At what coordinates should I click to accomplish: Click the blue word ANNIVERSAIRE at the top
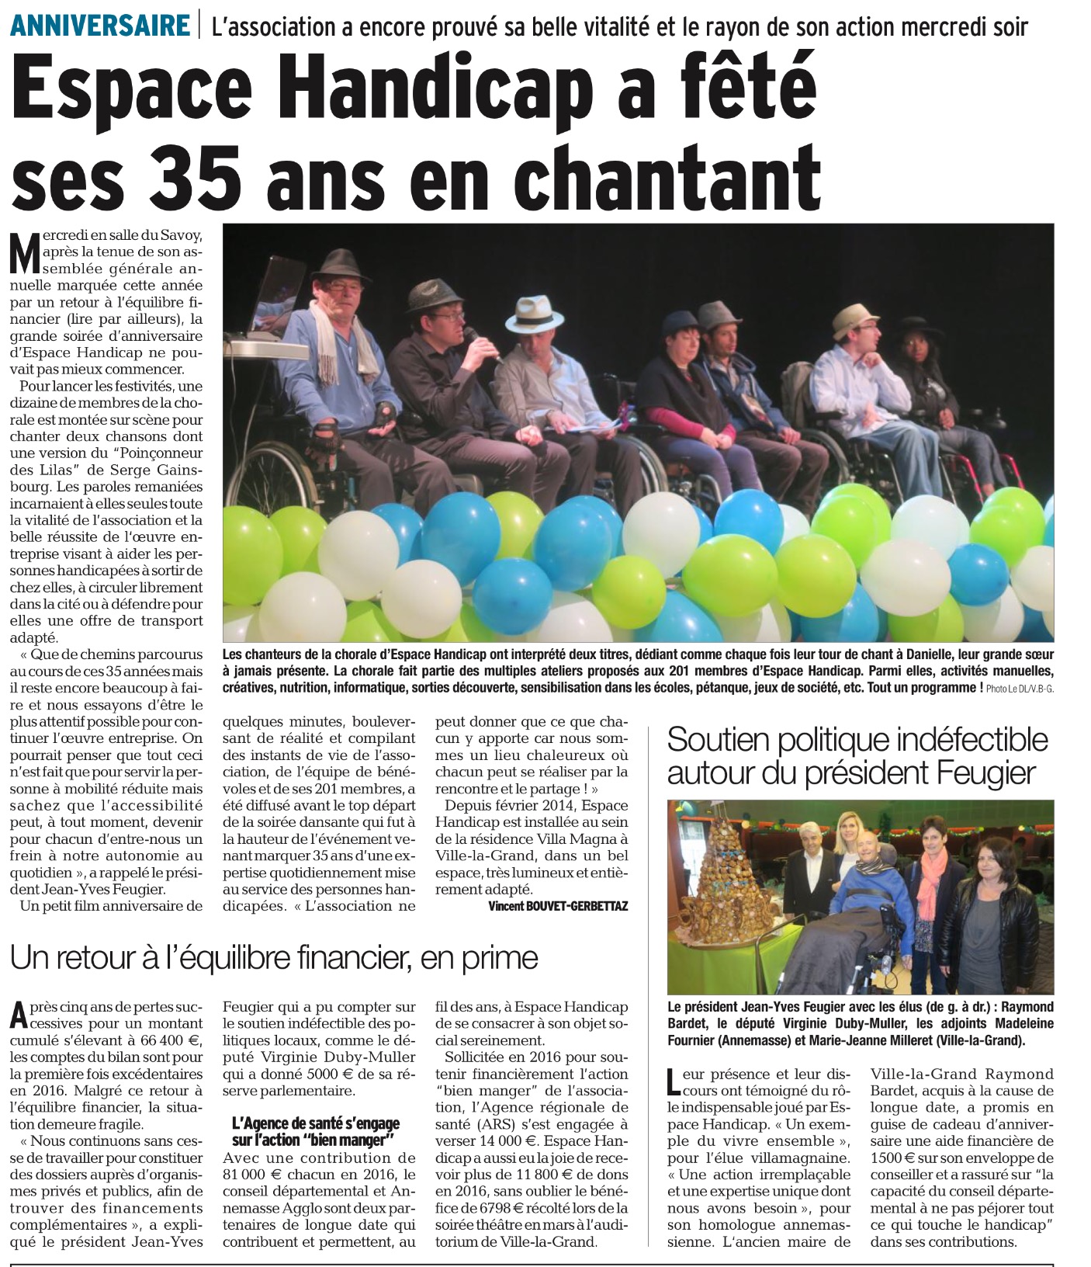click(101, 26)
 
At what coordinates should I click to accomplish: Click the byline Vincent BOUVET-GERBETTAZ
click(558, 906)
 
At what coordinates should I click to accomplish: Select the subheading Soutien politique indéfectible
click(857, 739)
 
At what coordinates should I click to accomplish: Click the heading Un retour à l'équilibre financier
click(273, 958)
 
